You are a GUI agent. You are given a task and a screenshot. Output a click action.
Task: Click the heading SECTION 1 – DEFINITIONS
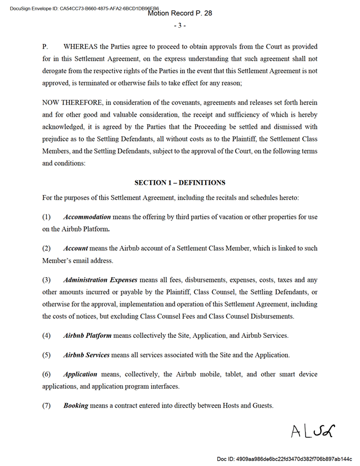tap(180, 182)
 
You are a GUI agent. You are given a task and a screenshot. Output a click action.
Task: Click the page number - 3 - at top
tap(180, 25)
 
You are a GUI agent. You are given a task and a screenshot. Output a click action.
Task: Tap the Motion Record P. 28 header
tap(180, 13)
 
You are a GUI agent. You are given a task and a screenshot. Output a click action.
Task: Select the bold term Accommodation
tap(87, 217)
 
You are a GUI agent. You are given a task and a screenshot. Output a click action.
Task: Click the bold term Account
tap(76, 248)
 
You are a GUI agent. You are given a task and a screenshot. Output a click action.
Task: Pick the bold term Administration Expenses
tap(101, 280)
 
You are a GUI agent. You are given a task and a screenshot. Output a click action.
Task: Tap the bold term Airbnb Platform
tap(87, 335)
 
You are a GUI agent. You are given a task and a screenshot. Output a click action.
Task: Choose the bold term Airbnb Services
tap(86, 355)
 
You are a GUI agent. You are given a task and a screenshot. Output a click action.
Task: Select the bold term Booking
tap(76, 405)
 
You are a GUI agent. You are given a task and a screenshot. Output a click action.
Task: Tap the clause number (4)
tap(47, 335)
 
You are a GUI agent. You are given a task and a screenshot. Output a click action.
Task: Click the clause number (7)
tap(47, 405)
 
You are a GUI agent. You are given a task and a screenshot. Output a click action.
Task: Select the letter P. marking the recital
tap(45, 46)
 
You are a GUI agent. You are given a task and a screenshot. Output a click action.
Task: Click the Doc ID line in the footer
tap(284, 458)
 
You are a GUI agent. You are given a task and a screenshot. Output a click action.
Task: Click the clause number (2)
tap(47, 248)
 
